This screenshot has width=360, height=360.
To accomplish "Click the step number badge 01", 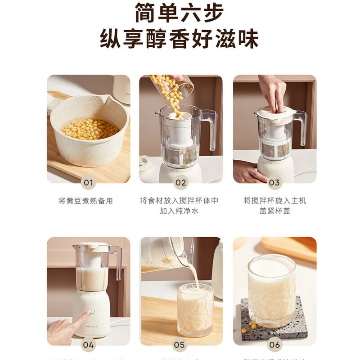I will click(89, 182).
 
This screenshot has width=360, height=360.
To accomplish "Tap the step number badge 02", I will click(180, 182).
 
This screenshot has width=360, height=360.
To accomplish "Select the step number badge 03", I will click(274, 182).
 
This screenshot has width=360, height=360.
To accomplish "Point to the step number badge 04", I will click(89, 345).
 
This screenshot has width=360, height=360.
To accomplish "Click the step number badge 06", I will click(274, 345).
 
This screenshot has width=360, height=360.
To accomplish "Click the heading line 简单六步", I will click(180, 13).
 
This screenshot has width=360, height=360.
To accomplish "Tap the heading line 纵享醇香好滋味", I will click(180, 39).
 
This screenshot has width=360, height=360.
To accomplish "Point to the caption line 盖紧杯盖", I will click(274, 211).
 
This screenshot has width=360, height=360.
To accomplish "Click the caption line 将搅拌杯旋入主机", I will click(274, 201).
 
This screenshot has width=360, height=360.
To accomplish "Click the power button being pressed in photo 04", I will click(92, 310).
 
